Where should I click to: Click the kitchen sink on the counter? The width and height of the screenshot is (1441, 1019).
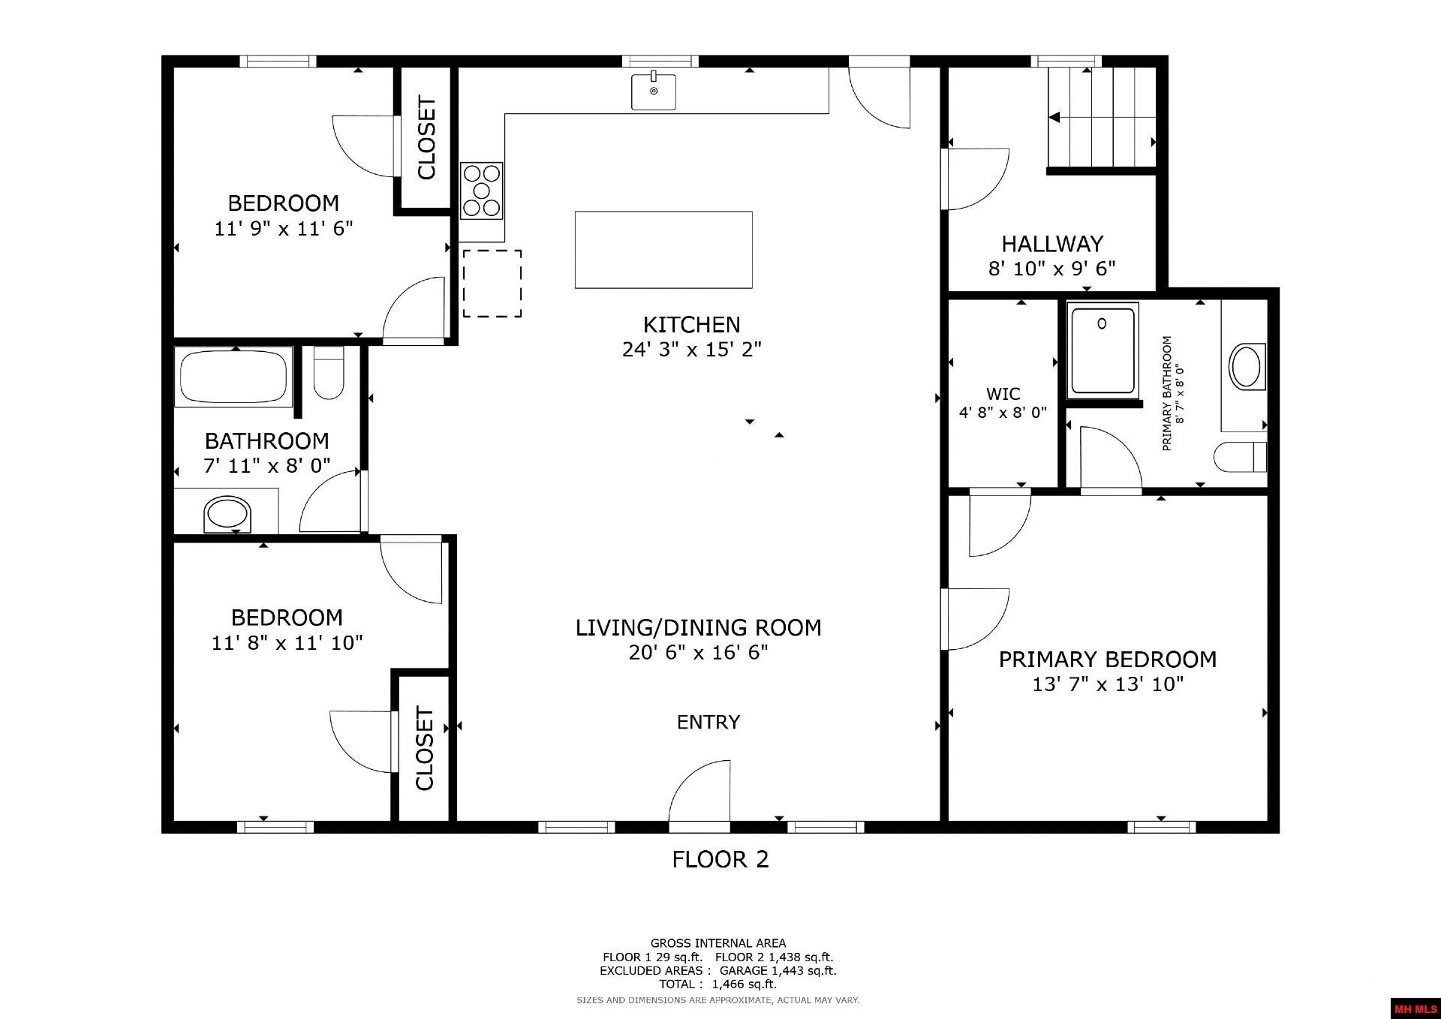point(653,92)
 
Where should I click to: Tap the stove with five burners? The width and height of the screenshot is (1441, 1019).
point(481,191)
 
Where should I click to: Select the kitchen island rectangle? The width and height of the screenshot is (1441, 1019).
point(663,249)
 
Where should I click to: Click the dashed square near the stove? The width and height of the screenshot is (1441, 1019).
point(492,283)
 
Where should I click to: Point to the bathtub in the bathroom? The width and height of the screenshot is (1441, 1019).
point(233,377)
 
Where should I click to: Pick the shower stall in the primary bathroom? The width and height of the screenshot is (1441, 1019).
point(1102,349)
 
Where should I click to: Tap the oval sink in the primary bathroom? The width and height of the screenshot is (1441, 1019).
point(1246,366)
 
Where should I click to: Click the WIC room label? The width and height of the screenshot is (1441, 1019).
point(1003,394)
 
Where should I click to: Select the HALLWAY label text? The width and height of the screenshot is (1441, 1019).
point(1051,244)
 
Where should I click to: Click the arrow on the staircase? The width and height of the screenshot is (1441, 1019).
point(1054,118)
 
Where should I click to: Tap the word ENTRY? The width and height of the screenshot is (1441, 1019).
point(708,722)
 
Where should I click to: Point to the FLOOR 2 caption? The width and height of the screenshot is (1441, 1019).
point(720,859)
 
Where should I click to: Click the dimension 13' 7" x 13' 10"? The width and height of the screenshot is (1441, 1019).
point(1107,684)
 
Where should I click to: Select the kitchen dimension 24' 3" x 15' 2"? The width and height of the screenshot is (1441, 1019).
point(691,350)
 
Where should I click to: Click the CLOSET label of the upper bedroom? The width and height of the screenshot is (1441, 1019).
point(426,138)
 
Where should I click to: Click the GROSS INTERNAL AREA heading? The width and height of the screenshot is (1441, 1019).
point(717,943)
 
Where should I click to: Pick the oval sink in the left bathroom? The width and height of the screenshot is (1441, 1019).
point(226,515)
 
